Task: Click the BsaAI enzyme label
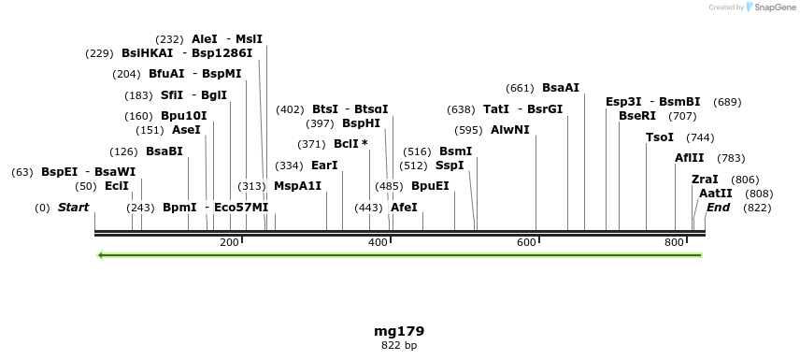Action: tap(561, 88)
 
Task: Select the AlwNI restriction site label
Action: tap(510, 130)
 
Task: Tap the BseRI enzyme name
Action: tap(637, 116)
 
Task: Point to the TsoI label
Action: tap(660, 137)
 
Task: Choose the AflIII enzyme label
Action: tap(690, 158)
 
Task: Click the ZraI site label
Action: tap(705, 180)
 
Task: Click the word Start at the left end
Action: tap(74, 207)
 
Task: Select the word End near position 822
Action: tap(718, 207)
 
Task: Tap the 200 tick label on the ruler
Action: tap(229, 243)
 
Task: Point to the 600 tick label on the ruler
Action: tap(526, 243)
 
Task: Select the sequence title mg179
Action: tap(392, 331)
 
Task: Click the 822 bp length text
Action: tap(392, 345)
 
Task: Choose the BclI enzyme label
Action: tap(348, 144)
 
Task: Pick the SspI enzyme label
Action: tap(450, 166)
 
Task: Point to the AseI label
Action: tap(186, 130)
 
